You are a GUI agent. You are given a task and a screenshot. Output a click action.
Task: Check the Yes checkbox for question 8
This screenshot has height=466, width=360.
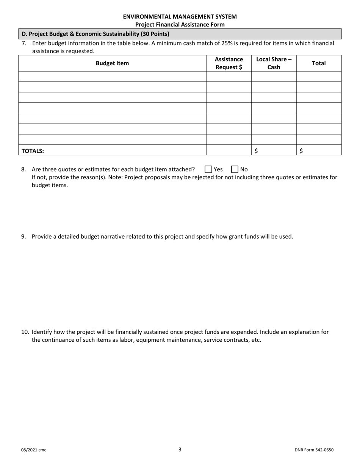pos(208,169)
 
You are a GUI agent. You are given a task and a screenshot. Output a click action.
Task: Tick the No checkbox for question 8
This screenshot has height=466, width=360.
pos(235,169)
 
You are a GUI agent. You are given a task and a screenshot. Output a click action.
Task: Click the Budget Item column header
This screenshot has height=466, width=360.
pos(112,63)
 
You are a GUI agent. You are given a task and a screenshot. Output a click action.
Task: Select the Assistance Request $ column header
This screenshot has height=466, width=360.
pos(229,63)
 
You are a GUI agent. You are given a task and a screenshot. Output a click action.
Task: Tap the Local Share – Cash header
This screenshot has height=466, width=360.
pos(274,63)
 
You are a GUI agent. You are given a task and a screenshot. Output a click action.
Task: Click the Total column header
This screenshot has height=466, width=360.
pos(319,63)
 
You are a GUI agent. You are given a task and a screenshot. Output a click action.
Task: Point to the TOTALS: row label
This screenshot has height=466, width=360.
pos(33,151)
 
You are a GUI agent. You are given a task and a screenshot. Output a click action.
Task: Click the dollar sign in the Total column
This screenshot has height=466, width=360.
pos(301,151)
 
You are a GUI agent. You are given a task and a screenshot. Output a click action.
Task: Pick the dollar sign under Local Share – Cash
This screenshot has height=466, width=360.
pos(256,151)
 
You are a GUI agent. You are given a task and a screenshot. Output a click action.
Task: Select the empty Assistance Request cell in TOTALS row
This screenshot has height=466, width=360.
pos(229,150)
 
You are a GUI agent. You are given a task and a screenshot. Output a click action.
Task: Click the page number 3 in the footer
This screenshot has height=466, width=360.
pos(180,450)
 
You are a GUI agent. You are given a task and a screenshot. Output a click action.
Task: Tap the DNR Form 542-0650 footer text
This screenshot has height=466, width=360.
pos(314,450)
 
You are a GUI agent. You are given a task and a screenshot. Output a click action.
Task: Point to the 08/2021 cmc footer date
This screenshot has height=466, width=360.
pos(34,450)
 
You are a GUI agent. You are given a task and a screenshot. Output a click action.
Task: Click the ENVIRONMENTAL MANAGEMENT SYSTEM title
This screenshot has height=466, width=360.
pos(180,17)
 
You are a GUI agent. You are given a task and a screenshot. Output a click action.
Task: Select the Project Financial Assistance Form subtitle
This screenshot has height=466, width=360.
pos(180,25)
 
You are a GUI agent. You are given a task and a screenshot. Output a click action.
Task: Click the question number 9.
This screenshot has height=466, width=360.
pos(23,237)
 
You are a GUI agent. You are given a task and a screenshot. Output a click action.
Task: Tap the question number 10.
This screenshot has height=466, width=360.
pos(25,332)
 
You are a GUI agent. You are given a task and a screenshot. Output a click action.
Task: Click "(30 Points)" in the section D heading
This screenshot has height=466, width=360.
pos(155,34)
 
